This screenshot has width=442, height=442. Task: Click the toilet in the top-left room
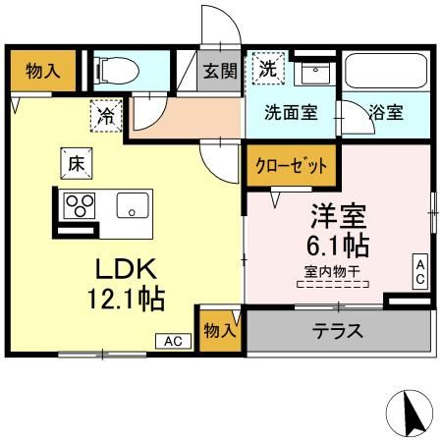pos(115,70)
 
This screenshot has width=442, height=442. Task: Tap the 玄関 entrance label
pos(219,72)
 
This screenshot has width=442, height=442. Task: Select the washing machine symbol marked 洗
pos(267,68)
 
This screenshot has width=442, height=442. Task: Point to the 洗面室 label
pos(290,111)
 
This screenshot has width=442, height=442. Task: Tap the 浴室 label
pos(385,111)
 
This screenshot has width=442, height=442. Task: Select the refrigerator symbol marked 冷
pos(106,116)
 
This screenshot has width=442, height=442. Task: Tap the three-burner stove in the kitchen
pos(80,204)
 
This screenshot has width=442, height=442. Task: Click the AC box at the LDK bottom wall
pos(173,341)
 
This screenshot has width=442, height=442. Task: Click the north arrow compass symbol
pos(414,414)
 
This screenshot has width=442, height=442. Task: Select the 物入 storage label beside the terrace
pos(220,331)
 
